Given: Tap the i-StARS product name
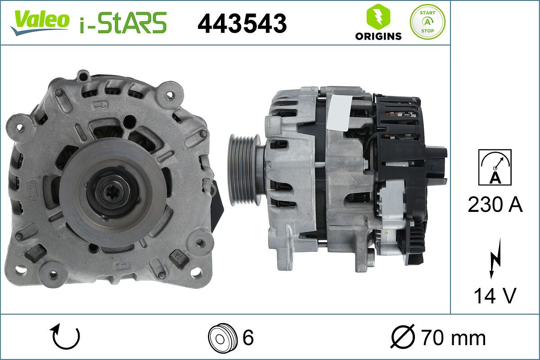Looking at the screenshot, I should point(123,22).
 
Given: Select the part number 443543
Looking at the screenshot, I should point(242,23).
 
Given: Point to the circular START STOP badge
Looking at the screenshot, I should point(427,22).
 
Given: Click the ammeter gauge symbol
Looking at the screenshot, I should point(495,167).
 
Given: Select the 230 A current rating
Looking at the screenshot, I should point(495,205).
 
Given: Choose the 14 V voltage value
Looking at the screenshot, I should point(495,296).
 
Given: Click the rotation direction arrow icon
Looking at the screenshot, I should point(66,337).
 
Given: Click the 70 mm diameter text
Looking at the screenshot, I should point(453,337).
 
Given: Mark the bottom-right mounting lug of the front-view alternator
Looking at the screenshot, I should point(197,272).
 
